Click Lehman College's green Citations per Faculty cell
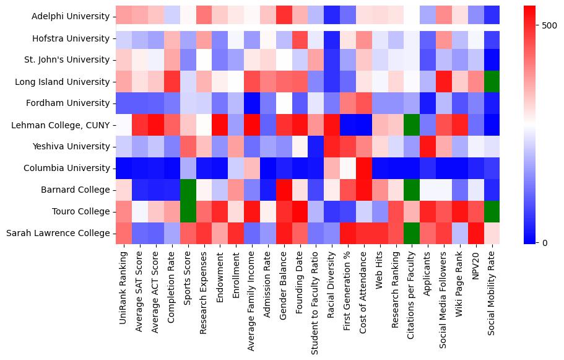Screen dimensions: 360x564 (411, 125)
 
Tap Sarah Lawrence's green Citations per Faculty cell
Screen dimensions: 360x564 (411, 233)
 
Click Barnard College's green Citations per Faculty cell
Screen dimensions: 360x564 (411, 190)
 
